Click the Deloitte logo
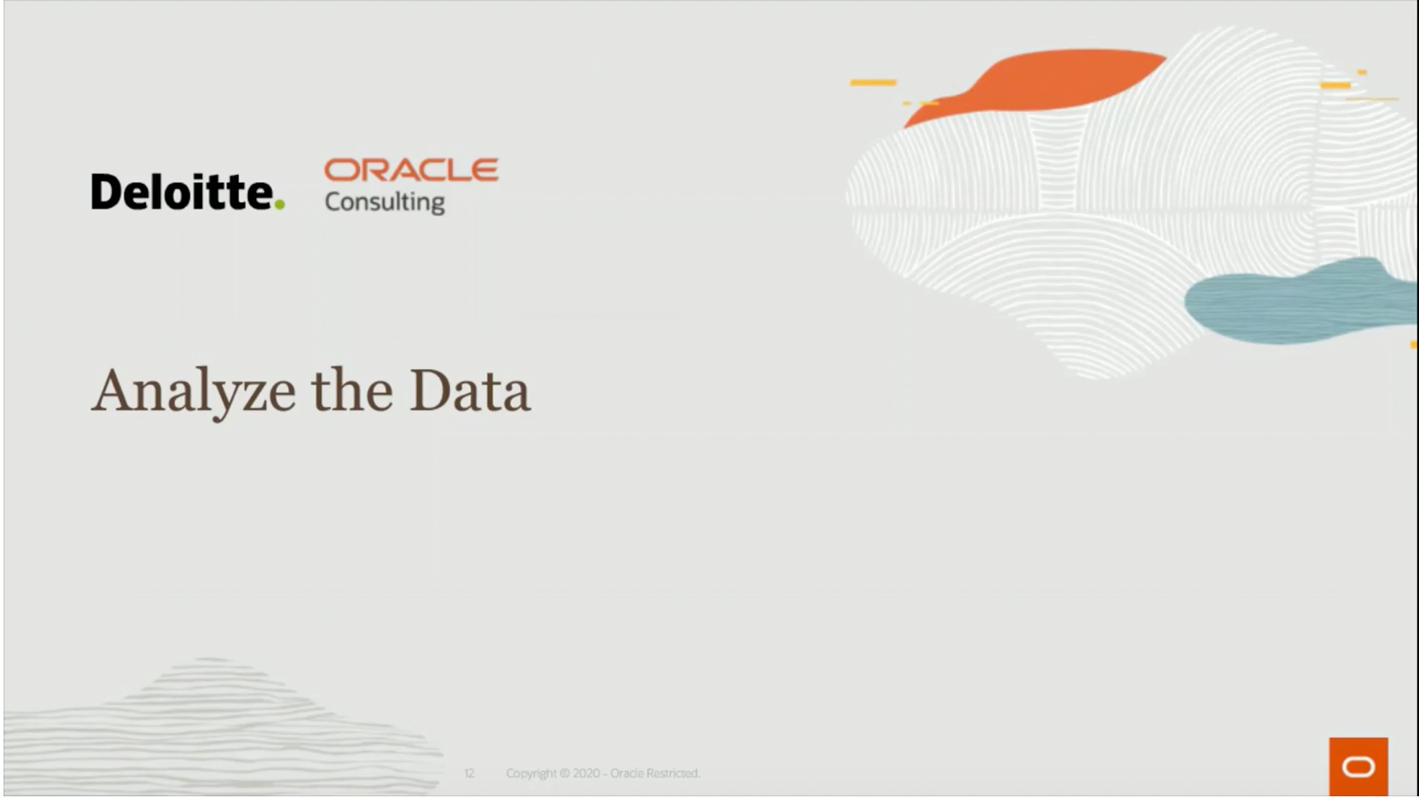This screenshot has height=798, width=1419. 183,192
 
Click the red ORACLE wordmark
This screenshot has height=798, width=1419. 411,170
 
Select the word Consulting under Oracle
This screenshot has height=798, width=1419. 384,201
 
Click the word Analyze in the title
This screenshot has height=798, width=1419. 193,392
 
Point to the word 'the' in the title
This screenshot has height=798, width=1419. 352,391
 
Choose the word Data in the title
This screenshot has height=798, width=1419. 469,391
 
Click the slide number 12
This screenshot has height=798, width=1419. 469,773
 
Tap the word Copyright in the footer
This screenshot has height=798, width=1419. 531,773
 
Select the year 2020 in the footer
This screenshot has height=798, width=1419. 586,773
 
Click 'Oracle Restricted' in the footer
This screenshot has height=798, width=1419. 655,773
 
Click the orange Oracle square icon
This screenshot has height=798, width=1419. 1358,766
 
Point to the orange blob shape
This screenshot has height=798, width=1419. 1051,80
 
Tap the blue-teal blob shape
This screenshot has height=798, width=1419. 1297,303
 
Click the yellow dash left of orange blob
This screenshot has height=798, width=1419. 873,82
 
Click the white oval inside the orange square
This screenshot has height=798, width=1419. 1358,767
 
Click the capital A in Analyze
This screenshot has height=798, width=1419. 113,390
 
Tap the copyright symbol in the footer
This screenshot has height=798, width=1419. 565,773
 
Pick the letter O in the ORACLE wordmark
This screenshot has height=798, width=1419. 341,170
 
